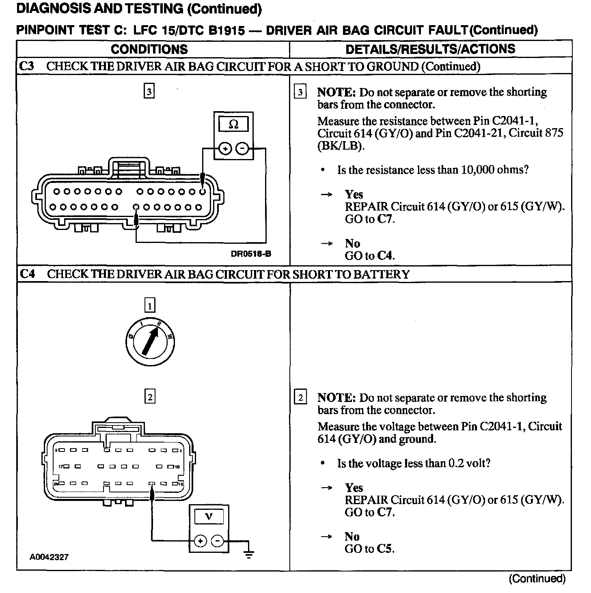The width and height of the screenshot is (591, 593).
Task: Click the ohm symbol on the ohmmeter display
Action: tap(233, 124)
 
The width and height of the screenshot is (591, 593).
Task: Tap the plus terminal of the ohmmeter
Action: tap(224, 149)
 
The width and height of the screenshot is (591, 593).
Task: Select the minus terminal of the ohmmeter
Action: tap(242, 149)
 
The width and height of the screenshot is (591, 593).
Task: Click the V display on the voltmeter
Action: tap(209, 516)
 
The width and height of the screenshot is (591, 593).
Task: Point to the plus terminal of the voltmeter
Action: tap(201, 541)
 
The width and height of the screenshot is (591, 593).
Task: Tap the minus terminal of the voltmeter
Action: tap(218, 541)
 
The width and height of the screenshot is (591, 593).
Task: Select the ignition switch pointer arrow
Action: tap(150, 340)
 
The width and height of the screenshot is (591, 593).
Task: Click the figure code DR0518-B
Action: tap(251, 254)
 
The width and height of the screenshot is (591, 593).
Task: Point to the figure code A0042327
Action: tap(49, 557)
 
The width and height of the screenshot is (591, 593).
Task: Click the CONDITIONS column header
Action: tap(149, 49)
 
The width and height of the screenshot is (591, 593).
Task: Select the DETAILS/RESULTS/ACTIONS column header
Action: tap(430, 49)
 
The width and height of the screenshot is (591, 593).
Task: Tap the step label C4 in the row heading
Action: tap(27, 274)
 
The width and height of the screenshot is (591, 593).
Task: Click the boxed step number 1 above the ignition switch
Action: tap(150, 305)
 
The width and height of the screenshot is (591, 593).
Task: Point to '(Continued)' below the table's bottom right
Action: tap(537, 578)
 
